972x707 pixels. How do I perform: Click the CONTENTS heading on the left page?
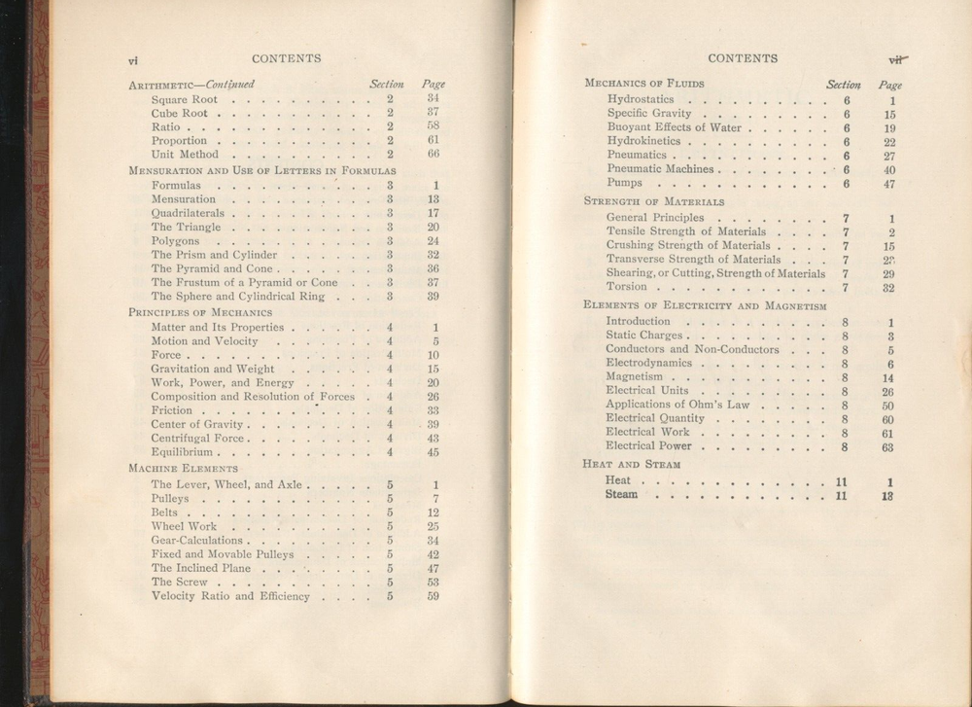point(286,58)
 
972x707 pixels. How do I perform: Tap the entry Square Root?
point(185,99)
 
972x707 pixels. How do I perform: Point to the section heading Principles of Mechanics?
point(187,312)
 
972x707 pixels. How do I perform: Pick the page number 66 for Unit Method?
point(434,154)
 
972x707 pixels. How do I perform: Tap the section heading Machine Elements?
point(183,468)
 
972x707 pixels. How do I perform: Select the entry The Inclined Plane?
point(201,568)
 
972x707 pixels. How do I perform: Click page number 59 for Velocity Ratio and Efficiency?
point(434,596)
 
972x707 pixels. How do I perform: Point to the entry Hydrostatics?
point(641,99)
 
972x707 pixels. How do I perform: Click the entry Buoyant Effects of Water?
point(674,127)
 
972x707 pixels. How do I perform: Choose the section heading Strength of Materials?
point(653,201)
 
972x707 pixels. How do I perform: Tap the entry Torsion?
point(626,288)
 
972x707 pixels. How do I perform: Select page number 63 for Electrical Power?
point(887,447)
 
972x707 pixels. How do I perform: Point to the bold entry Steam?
point(622,495)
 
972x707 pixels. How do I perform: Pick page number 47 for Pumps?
point(888,183)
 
